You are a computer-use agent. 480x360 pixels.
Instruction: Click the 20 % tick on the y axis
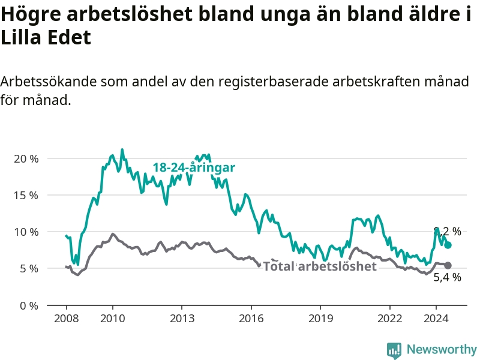point(26,159)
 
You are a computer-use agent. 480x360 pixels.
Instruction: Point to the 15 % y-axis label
point(26,196)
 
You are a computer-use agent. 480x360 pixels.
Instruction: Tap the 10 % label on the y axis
point(26,232)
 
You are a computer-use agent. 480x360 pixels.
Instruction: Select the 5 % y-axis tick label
point(29,269)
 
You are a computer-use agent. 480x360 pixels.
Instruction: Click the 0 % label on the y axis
point(29,305)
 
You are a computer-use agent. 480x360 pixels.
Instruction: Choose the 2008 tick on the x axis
point(66,319)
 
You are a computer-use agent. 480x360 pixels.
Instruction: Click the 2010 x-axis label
point(113,319)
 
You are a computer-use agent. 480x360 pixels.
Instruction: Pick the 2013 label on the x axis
point(182,319)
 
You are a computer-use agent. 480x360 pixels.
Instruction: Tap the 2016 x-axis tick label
point(251,319)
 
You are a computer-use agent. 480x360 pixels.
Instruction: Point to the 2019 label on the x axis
point(320,319)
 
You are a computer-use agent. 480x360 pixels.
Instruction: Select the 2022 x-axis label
point(389,319)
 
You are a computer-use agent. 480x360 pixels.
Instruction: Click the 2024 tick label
point(436,319)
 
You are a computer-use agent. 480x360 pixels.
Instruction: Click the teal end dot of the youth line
point(448,245)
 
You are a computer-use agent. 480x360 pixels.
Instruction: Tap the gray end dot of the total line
point(448,265)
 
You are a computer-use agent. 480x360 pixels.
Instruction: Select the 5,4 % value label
point(447,277)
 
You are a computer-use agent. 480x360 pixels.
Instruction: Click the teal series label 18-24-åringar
point(194,167)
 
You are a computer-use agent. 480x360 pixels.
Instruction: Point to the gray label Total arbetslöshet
point(320,266)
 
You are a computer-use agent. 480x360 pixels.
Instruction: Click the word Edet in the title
point(69,37)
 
